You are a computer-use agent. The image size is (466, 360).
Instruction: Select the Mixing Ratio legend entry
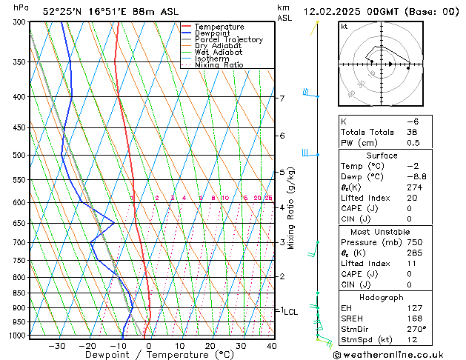(216, 65)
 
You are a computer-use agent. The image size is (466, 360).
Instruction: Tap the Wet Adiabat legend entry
(216, 52)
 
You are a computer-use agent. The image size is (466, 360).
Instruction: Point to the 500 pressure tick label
(20, 156)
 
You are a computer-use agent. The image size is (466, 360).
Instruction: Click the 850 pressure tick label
(20, 293)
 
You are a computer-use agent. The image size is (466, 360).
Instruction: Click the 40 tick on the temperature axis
(271, 345)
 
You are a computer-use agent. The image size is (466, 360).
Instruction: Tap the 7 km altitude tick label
(282, 99)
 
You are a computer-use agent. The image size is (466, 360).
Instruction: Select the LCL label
(291, 313)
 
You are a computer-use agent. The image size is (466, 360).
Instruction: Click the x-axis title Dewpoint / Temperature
(149, 355)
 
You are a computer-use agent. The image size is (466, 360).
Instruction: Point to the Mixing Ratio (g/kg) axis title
(292, 208)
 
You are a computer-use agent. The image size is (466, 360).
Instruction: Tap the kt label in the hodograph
(344, 27)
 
